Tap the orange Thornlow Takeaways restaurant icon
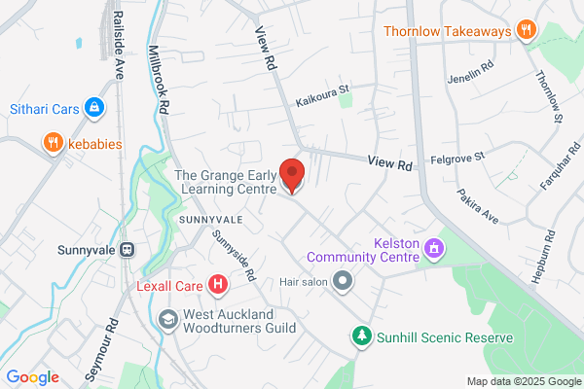click(x=527, y=30)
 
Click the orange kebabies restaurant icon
click(x=53, y=144)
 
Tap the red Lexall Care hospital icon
click(x=219, y=284)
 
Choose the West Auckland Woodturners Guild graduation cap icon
click(x=168, y=319)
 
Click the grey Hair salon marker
click(x=342, y=282)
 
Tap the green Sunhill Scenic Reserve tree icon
click(x=362, y=336)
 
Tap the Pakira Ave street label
click(x=478, y=206)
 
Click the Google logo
click(x=32, y=377)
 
